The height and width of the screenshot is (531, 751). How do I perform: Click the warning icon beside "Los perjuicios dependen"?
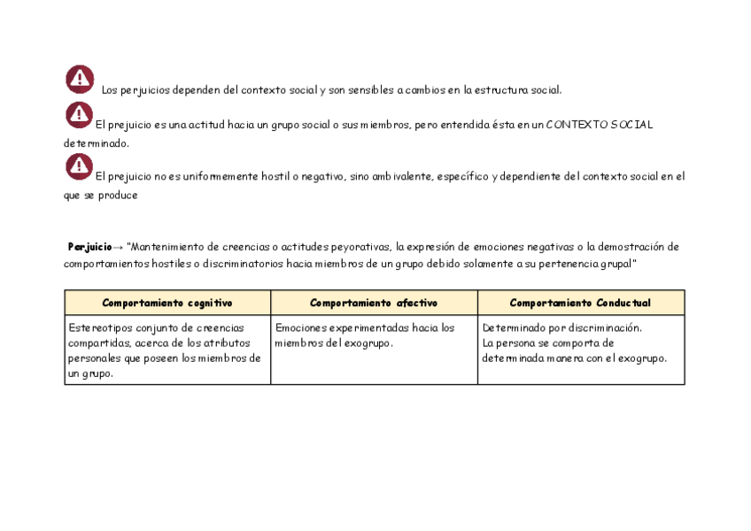[x=80, y=80]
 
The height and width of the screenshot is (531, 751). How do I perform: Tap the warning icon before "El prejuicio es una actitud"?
[x=80, y=114]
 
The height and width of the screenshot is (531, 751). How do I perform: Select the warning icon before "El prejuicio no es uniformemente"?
[x=80, y=165]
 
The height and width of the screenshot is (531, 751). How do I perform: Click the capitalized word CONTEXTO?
[x=577, y=125]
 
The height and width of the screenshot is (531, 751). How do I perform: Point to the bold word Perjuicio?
[x=89, y=247]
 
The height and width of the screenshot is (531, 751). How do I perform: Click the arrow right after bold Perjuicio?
[x=119, y=247]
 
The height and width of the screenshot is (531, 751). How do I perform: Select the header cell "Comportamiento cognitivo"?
[x=167, y=303]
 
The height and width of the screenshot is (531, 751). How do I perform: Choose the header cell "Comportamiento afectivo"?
[x=374, y=303]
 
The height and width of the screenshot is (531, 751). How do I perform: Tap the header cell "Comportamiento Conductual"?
[x=580, y=303]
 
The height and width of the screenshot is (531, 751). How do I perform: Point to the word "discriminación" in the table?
[x=601, y=327]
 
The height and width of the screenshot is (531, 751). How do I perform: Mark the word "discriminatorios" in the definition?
[x=244, y=264]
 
